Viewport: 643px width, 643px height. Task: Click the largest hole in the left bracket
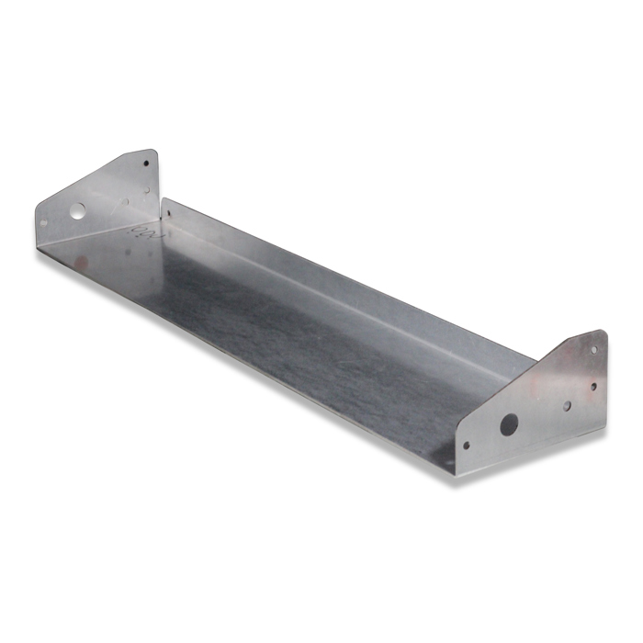[77, 211]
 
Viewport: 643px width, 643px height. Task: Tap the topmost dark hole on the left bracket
[145, 164]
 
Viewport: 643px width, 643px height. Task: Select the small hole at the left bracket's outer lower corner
[43, 221]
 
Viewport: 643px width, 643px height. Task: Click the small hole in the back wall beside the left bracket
[167, 214]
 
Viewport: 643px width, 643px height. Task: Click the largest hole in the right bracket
[508, 424]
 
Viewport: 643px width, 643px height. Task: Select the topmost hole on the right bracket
[592, 349]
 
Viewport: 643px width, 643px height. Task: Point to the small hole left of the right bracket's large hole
[466, 446]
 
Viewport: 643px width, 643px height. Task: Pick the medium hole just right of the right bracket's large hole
[567, 405]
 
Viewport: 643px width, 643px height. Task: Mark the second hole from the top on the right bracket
[592, 386]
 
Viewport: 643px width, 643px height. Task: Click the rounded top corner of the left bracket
[151, 152]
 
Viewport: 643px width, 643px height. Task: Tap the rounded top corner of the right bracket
[601, 333]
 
